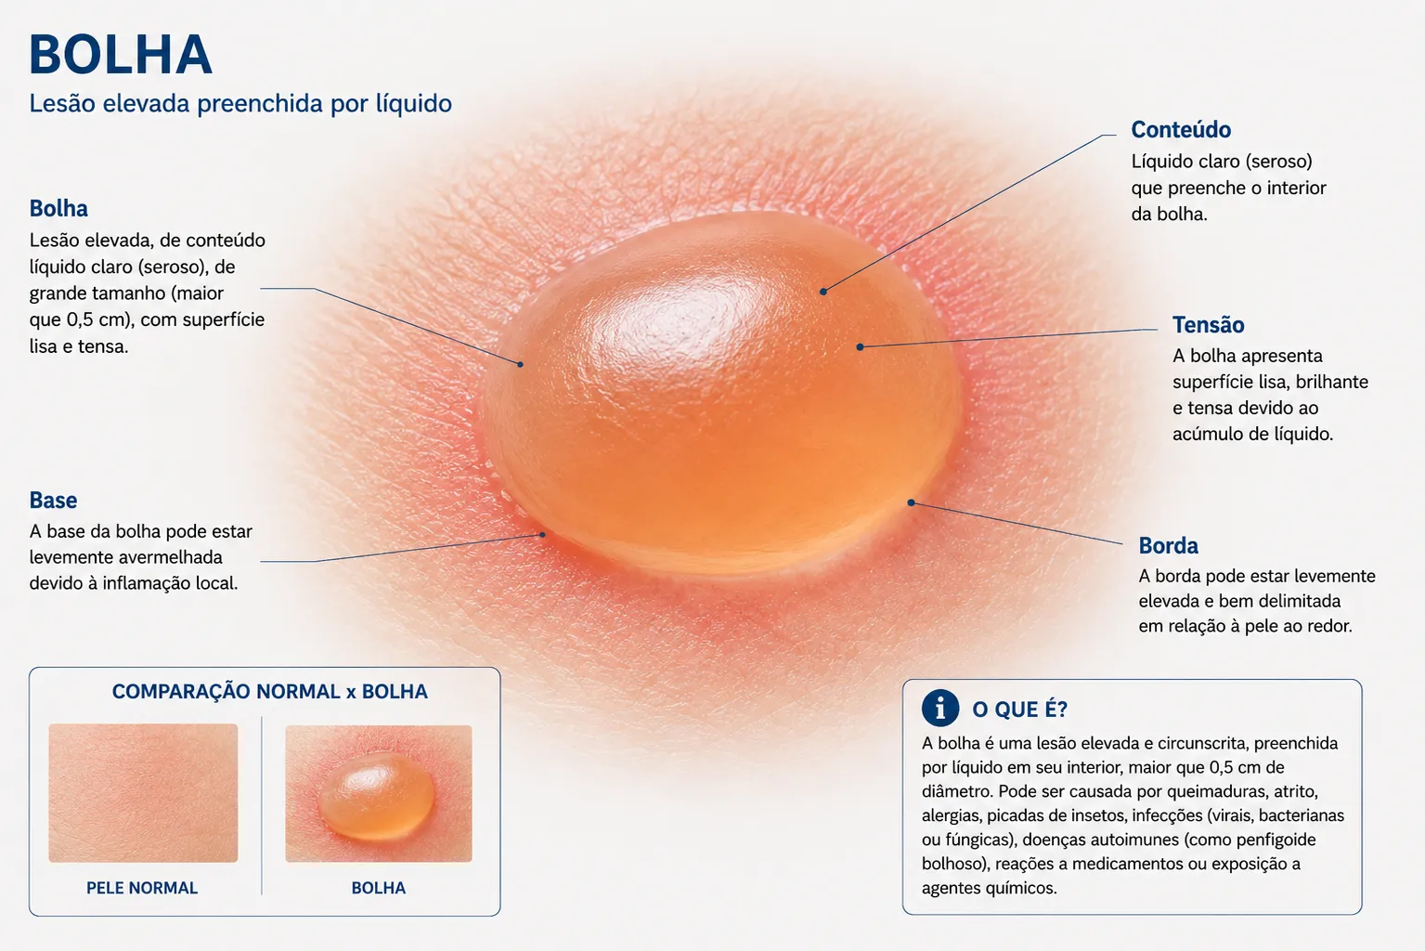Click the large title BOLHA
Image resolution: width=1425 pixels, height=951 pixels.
pos(121,55)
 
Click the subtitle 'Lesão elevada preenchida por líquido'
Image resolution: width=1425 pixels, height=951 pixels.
pos(240,104)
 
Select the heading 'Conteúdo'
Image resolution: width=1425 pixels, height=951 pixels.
pos(1181,130)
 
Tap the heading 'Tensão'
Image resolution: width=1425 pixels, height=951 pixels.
pos(1208,325)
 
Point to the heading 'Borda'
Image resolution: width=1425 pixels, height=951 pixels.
pos(1168,545)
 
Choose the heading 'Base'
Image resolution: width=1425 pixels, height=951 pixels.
pos(54,501)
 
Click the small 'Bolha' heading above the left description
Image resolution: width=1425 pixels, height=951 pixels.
pos(58,209)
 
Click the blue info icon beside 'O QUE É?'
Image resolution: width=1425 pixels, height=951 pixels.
pos(940,708)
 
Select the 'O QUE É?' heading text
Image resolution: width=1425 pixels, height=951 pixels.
pos(1019,710)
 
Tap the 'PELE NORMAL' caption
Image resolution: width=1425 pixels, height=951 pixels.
pos(142,888)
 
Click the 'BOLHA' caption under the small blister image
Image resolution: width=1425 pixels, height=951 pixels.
pos(379,888)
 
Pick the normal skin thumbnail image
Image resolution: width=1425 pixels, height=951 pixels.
pos(143,793)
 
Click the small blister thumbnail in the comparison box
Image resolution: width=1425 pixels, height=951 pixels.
pos(379,793)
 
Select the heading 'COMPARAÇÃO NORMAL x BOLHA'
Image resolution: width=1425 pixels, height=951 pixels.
pos(270,692)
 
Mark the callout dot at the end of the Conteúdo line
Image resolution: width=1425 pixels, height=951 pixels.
pos(823,292)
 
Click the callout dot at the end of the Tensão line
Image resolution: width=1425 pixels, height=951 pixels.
pos(860,347)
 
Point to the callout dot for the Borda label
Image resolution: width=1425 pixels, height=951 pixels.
pos(911,502)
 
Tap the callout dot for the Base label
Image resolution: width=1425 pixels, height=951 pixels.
pos(543,535)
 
